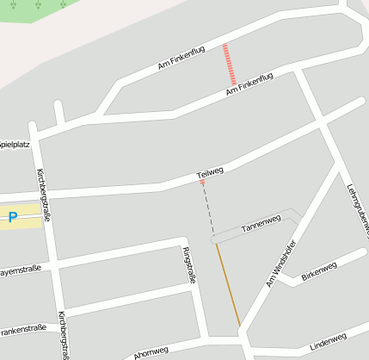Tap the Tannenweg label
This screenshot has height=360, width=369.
(261, 225)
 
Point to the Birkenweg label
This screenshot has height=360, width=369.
(319, 269)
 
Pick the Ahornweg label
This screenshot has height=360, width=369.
(151, 352)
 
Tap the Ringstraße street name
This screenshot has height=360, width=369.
(190, 265)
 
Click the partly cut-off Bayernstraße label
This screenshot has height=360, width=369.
(20, 272)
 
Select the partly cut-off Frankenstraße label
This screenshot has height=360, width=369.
(22, 329)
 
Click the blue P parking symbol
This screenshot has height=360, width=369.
(13, 218)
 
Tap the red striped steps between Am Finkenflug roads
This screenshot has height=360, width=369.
(229, 64)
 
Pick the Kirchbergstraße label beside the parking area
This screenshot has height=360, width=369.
(42, 195)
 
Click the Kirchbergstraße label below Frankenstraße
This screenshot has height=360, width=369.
(64, 336)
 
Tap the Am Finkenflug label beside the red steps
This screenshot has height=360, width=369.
(249, 84)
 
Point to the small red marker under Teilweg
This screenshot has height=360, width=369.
(203, 183)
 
